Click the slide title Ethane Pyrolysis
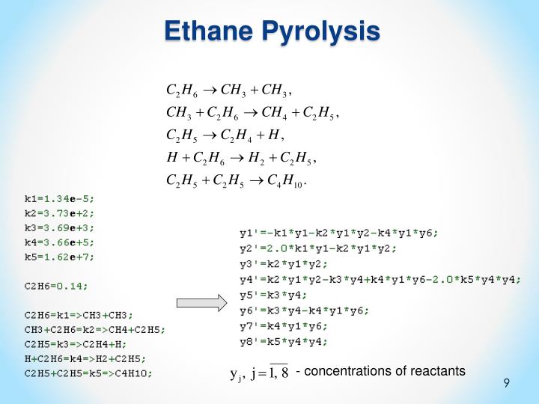click(272, 31)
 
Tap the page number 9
click(507, 383)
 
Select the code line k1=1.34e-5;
click(60, 199)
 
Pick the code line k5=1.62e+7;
click(60, 256)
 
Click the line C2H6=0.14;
click(56, 285)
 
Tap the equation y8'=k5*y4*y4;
click(284, 342)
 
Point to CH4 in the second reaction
click(272, 114)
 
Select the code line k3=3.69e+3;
click(60, 227)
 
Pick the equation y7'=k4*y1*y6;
click(284, 326)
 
